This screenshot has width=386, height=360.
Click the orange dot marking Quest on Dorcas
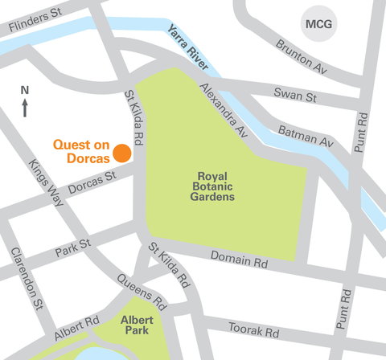click(121, 153)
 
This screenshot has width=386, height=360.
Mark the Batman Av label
click(306, 135)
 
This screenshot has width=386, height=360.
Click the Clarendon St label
click(27, 278)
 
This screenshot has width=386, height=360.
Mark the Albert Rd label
click(77, 322)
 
